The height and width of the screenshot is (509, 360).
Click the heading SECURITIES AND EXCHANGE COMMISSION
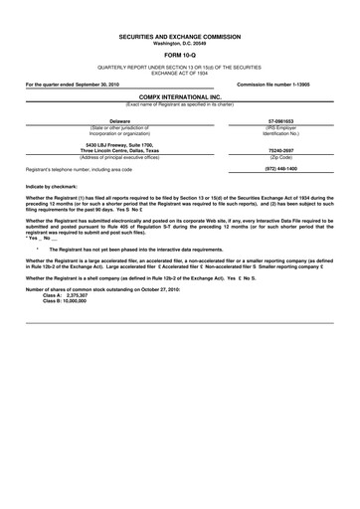click(179, 36)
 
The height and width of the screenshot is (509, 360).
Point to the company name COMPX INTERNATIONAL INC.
click(179, 96)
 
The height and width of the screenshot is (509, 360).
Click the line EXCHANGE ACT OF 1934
click(179, 73)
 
